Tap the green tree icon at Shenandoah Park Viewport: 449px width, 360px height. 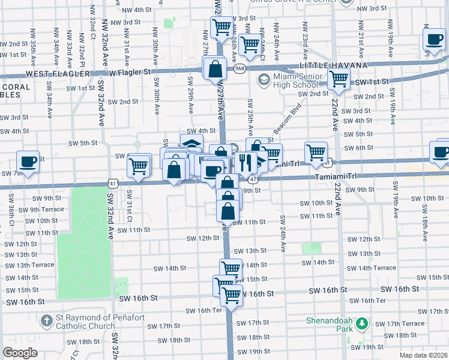pos(361,325)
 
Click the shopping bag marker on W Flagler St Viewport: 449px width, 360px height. pos(214,68)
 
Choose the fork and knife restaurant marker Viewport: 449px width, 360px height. pos(246,162)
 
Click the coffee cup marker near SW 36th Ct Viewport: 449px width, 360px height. pos(28,161)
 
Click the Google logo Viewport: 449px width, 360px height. pos(20,353)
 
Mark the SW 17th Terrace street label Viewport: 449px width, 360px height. pos(405,323)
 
